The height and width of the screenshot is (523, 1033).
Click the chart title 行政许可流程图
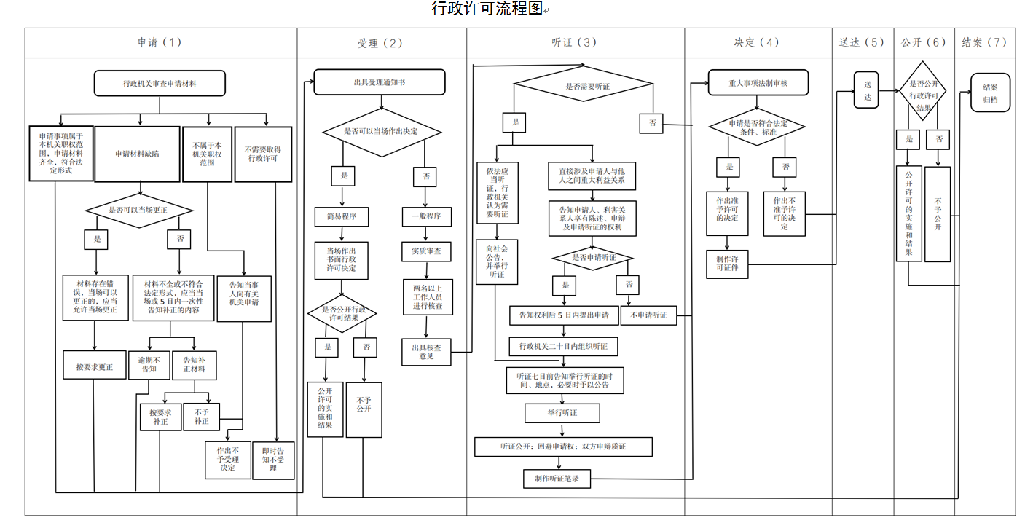[x=487, y=9]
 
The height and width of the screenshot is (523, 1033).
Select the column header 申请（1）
[x=160, y=42]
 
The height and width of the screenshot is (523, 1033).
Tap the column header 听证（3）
[x=574, y=42]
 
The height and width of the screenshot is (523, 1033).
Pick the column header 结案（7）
[x=984, y=42]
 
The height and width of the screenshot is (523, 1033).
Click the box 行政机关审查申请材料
[x=160, y=83]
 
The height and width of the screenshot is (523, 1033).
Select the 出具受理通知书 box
[x=380, y=82]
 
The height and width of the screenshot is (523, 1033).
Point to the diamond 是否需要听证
[x=587, y=87]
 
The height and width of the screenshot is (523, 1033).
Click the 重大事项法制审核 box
[x=758, y=83]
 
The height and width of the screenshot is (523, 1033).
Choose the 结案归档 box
[x=991, y=93]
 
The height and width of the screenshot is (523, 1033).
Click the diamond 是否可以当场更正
[x=139, y=211]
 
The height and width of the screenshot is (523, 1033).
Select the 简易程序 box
[x=341, y=217]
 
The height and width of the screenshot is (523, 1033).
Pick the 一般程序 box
[x=427, y=217]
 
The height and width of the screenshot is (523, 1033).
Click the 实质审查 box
[x=427, y=252]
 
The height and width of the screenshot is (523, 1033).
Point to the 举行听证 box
[x=562, y=413]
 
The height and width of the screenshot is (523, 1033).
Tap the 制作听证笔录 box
[x=557, y=479]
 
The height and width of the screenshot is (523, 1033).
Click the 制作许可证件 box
[x=727, y=264]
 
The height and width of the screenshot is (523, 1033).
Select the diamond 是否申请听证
[x=594, y=258]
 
